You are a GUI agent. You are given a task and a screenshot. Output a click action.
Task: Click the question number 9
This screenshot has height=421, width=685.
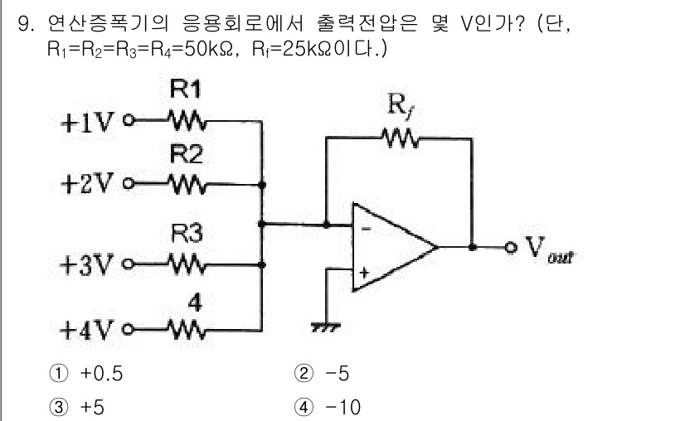[x=26, y=22]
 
